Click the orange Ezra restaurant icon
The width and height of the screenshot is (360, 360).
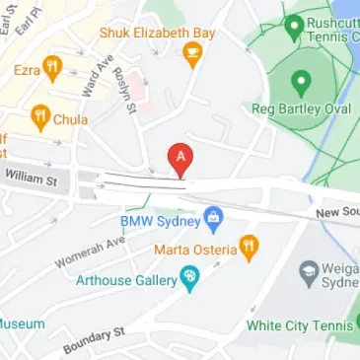pyautogui.click(x=52, y=70)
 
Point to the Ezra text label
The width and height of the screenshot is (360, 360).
pyautogui.click(x=26, y=70)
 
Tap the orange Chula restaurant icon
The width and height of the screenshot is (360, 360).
pyautogui.click(x=40, y=119)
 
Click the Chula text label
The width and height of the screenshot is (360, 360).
pyautogui.click(x=70, y=119)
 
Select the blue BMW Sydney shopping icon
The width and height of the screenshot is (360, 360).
pyautogui.click(x=212, y=218)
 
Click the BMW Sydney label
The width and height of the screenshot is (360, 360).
pyautogui.click(x=161, y=219)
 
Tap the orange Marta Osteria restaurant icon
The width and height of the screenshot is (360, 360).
pyautogui.click(x=248, y=247)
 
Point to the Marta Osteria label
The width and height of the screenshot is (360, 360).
pyautogui.click(x=194, y=248)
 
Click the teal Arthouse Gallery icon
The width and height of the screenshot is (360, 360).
pyautogui.click(x=189, y=280)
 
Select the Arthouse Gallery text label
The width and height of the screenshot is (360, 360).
pyautogui.click(x=126, y=280)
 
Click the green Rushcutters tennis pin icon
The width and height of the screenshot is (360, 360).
pyautogui.click(x=293, y=26)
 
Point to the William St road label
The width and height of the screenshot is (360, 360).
pyautogui.click(x=31, y=179)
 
